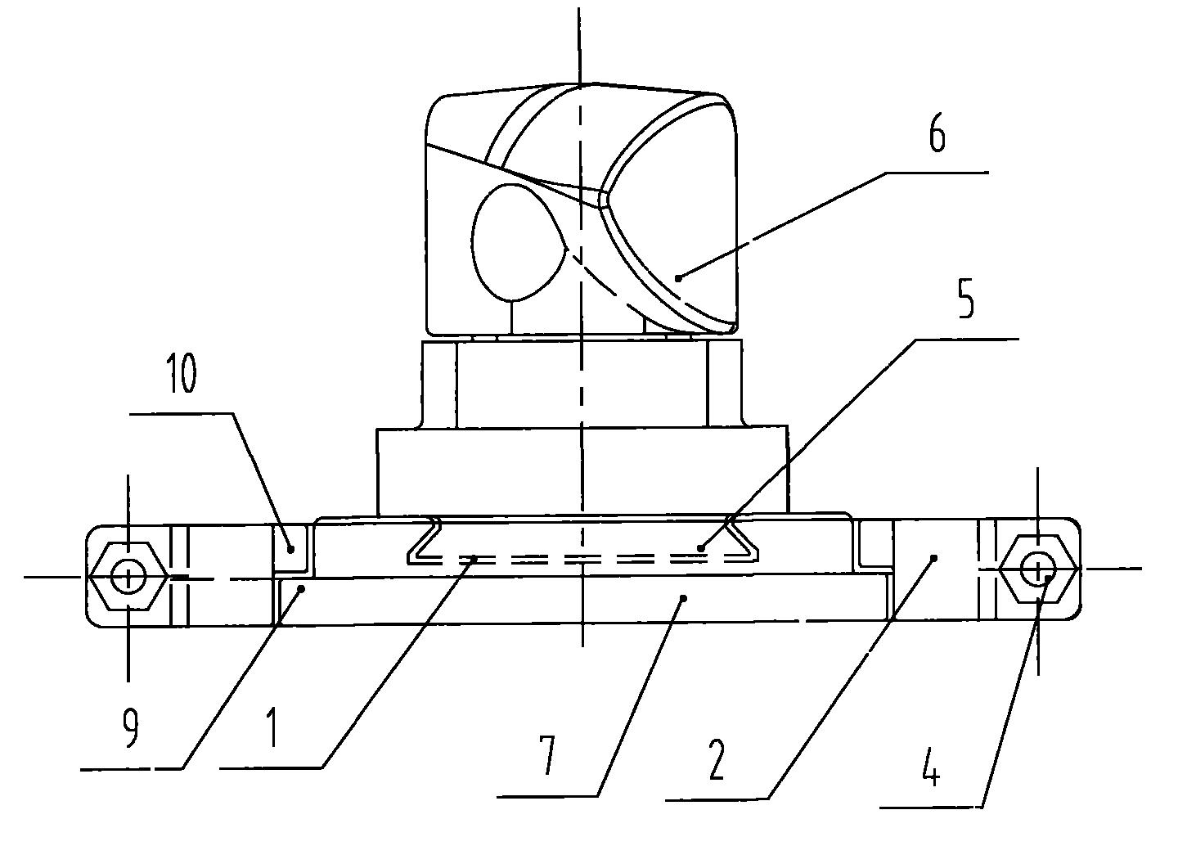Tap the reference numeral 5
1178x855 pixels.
[x=965, y=300]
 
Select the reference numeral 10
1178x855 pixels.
[x=182, y=373]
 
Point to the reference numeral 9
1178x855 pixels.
[x=130, y=729]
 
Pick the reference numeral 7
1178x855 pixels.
[x=547, y=756]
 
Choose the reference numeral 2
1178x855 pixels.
[x=717, y=760]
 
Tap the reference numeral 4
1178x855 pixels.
[x=931, y=769]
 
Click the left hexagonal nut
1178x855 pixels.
[x=128, y=576]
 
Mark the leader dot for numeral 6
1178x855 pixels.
[x=678, y=277]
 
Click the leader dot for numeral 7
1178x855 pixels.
[x=683, y=597]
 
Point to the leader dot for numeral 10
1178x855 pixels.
[x=290, y=549]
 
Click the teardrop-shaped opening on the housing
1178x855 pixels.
[x=519, y=242]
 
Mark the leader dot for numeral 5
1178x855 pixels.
[x=700, y=548]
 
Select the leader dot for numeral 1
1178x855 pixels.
[x=474, y=559]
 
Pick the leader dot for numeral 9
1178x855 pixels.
[x=301, y=589]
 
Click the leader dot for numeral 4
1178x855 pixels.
[x=1047, y=578]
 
